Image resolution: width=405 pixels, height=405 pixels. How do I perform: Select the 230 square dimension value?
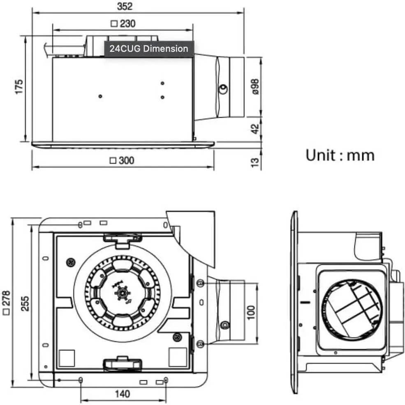point(123,24)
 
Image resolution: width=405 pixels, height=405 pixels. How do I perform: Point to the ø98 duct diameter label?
point(255,87)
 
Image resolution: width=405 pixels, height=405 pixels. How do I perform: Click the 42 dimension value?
point(255,129)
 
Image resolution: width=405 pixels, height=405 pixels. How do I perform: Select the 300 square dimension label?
point(122,160)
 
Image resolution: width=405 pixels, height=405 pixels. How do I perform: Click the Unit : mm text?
point(340,155)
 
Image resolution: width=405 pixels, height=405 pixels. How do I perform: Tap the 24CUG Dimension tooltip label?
point(148,49)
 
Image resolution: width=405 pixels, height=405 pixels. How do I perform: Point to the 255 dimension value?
point(25,303)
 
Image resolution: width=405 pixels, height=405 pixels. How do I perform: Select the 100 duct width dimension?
point(251,312)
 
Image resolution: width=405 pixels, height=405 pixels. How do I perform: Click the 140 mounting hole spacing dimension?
point(122,394)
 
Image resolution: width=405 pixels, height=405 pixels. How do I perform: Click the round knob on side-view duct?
point(223,88)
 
